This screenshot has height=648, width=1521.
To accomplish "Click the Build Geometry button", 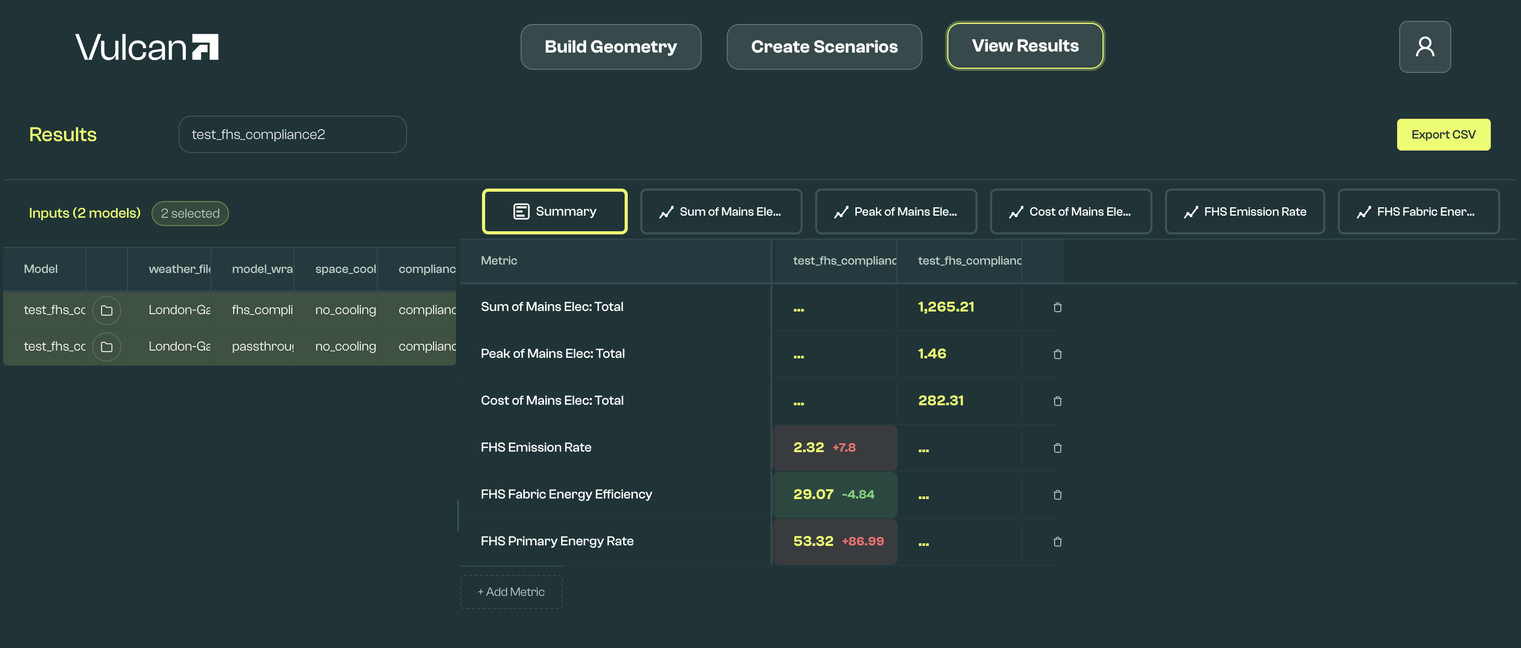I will click(x=611, y=47).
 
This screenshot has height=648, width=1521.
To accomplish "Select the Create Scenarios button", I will click(x=823, y=47).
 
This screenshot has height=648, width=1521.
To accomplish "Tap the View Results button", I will click(x=1024, y=45).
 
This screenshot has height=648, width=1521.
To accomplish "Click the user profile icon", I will click(x=1424, y=47).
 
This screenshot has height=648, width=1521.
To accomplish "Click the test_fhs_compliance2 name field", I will click(x=292, y=135).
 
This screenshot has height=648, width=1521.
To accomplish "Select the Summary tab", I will click(x=554, y=211).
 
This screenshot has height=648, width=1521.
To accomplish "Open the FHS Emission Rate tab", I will click(x=1244, y=211).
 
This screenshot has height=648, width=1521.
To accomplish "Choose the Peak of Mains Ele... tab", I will click(x=895, y=211).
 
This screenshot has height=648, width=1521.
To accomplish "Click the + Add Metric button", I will click(x=511, y=592).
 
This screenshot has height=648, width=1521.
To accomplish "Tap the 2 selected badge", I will click(x=189, y=213).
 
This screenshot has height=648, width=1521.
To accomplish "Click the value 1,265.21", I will click(x=945, y=307).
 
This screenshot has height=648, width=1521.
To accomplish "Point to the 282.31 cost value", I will click(x=940, y=401).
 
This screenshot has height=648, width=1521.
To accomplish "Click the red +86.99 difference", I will click(x=862, y=541).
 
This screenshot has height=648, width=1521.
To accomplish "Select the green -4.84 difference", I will click(x=857, y=494).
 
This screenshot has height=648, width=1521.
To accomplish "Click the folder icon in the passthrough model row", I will click(x=106, y=347).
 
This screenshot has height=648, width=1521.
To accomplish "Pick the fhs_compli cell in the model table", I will click(x=262, y=309).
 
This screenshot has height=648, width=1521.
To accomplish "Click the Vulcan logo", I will click(x=146, y=47).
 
